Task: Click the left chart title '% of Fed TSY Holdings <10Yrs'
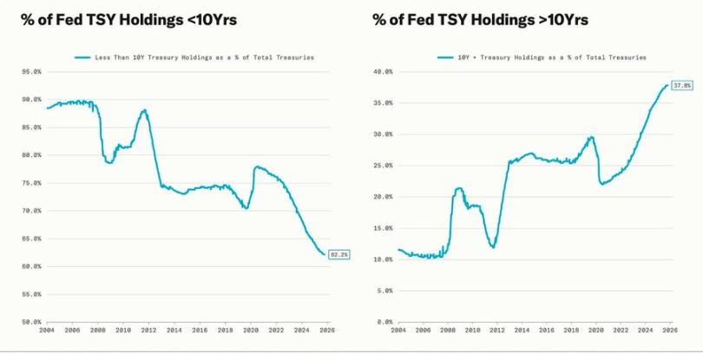[129, 20]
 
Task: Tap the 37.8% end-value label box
[683, 85]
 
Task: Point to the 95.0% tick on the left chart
[31, 71]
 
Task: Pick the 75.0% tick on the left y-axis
[31, 183]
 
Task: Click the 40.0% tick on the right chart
[383, 71]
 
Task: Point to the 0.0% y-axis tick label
[384, 322]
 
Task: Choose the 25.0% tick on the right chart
[383, 165]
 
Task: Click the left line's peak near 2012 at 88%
[143, 110]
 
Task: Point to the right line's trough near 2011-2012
[493, 247]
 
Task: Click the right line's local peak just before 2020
[591, 137]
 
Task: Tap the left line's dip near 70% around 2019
[246, 208]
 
